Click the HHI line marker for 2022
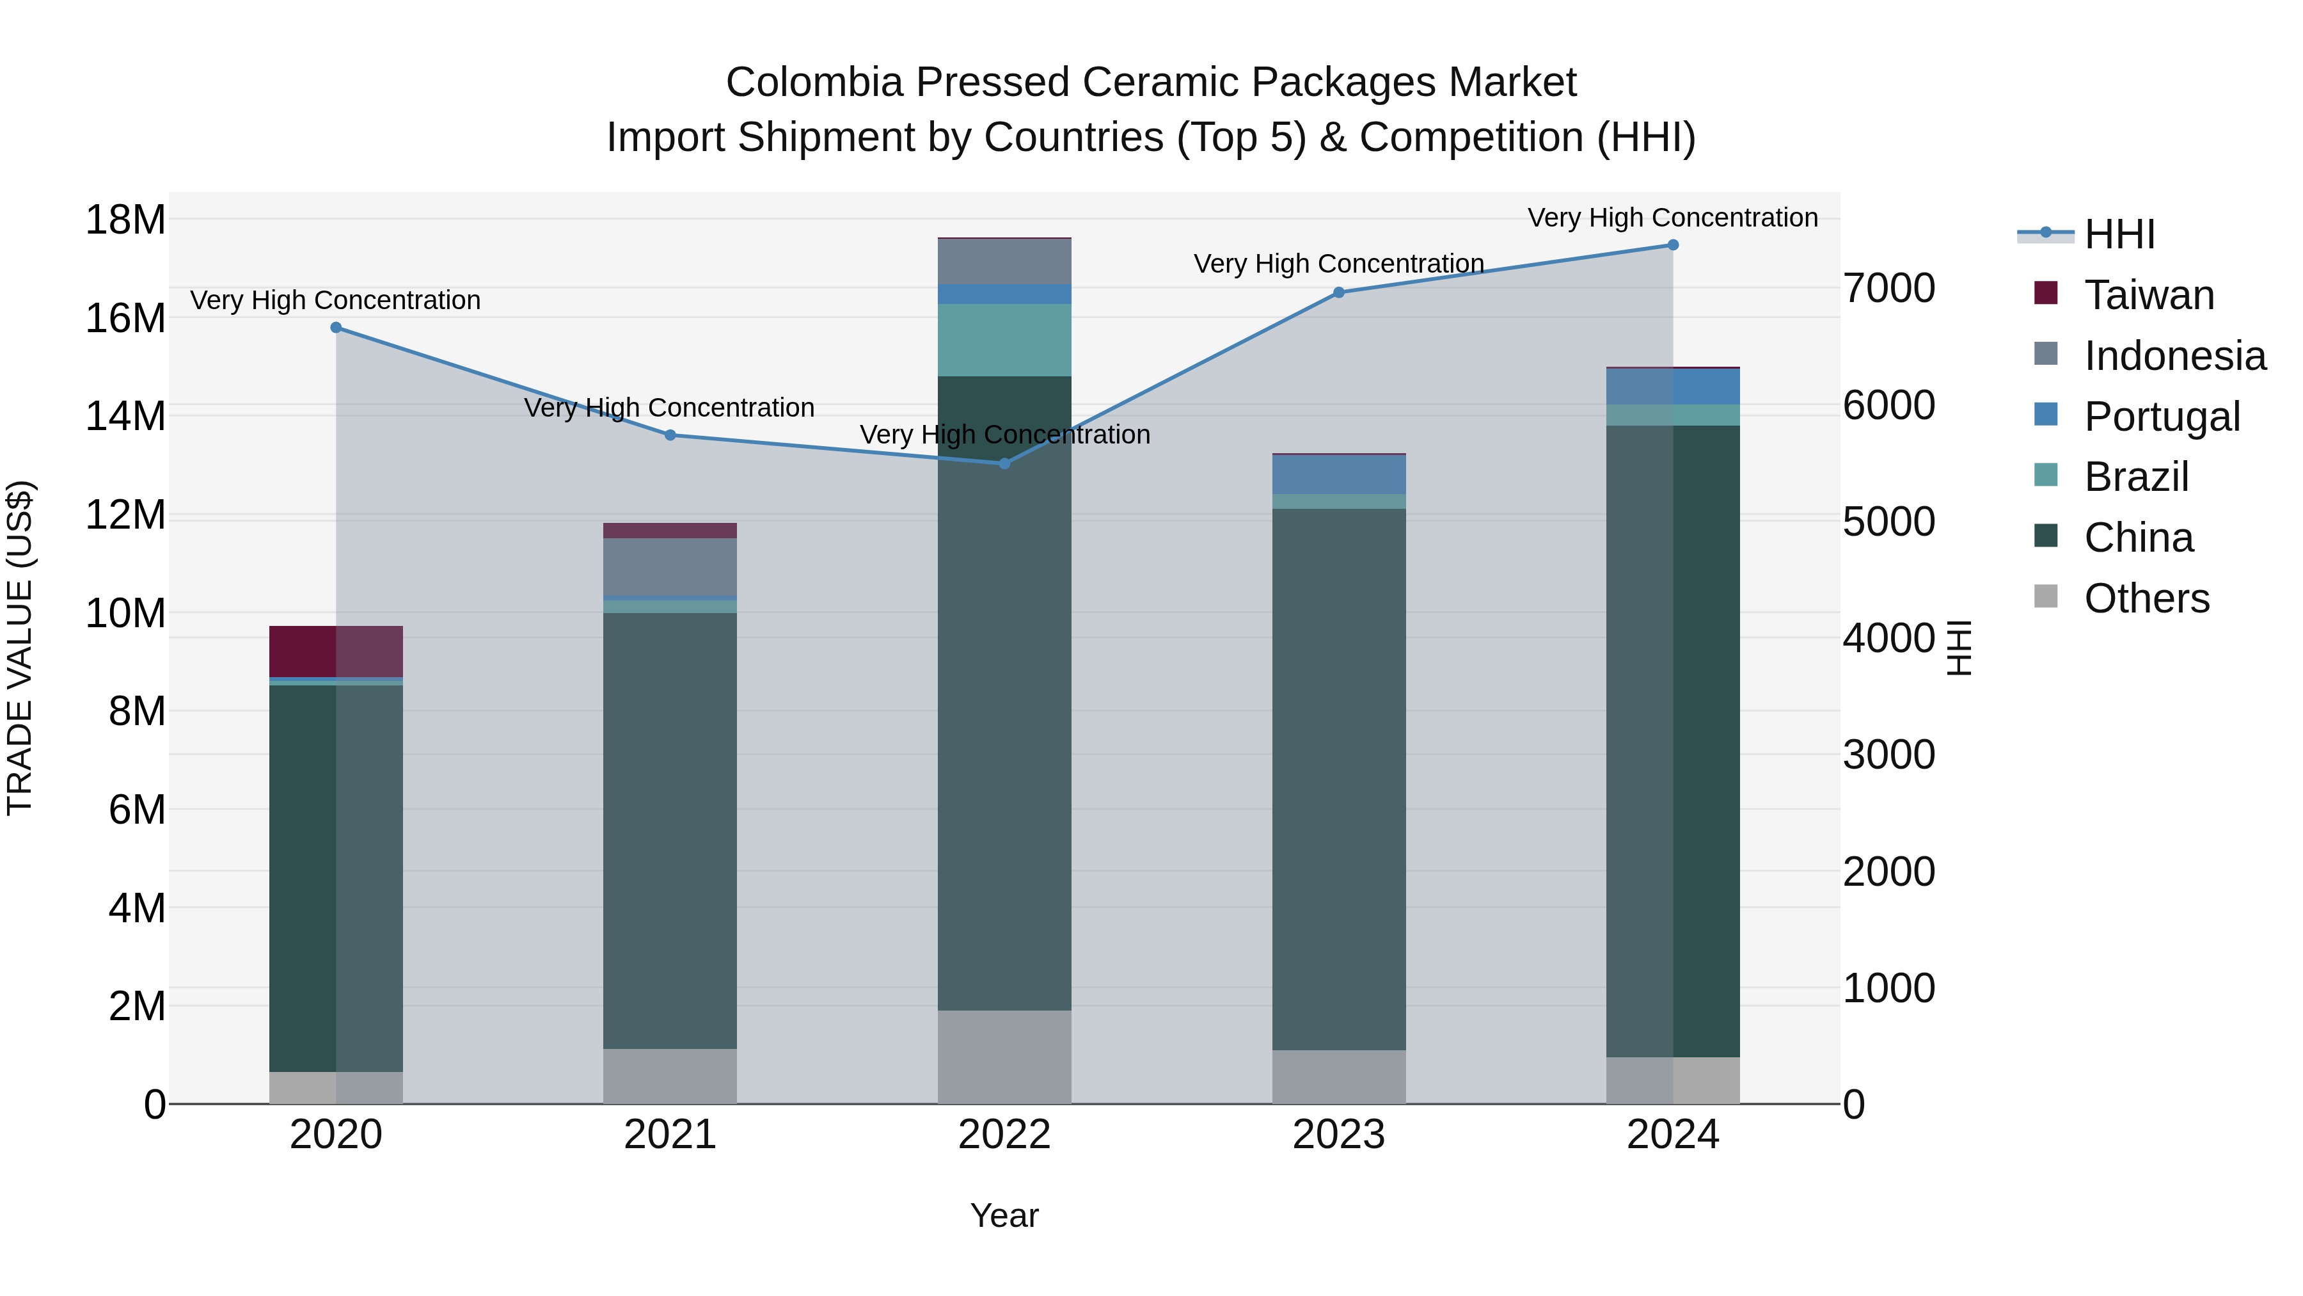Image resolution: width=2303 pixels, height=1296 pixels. (1004, 463)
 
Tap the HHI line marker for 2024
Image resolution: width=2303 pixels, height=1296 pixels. (1673, 245)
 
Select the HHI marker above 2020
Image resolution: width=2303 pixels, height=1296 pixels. (336, 327)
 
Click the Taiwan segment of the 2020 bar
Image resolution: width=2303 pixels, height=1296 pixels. (336, 651)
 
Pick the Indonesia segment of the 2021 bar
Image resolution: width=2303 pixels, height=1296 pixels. (670, 566)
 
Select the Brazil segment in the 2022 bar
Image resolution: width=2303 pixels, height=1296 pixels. (1004, 340)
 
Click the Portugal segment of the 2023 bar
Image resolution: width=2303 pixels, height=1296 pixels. (1338, 474)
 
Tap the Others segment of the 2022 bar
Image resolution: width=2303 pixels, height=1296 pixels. (1004, 1057)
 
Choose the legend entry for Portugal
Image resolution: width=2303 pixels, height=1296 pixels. (2162, 417)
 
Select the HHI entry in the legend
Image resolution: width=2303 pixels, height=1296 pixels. (2119, 234)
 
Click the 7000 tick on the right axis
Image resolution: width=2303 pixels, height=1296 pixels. (1888, 288)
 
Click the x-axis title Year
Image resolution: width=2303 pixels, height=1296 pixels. (1004, 1215)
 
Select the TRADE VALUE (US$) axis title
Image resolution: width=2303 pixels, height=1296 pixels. (20, 648)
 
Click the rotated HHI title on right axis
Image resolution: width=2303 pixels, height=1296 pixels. (1958, 648)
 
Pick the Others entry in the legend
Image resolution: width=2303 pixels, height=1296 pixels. (2146, 598)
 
